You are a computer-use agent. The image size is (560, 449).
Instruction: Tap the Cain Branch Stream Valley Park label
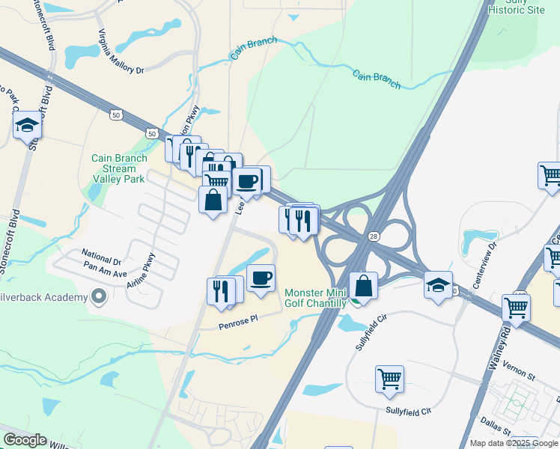118,169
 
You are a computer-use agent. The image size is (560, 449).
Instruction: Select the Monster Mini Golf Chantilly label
316,298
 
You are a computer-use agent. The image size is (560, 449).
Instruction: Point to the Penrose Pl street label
238,319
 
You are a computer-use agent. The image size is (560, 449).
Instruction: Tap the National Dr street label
101,253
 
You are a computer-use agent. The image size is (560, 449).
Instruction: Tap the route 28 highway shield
373,236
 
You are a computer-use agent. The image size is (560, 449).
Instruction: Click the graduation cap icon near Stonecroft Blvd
27,125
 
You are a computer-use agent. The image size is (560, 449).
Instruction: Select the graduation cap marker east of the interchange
438,284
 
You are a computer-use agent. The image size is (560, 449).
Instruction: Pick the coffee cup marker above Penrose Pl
261,278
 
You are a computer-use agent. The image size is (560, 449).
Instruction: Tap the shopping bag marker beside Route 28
363,284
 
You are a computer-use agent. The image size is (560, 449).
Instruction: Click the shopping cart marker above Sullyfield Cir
389,379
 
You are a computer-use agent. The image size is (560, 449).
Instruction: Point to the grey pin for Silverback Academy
98,298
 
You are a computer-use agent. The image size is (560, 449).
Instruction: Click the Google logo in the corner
25,440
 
